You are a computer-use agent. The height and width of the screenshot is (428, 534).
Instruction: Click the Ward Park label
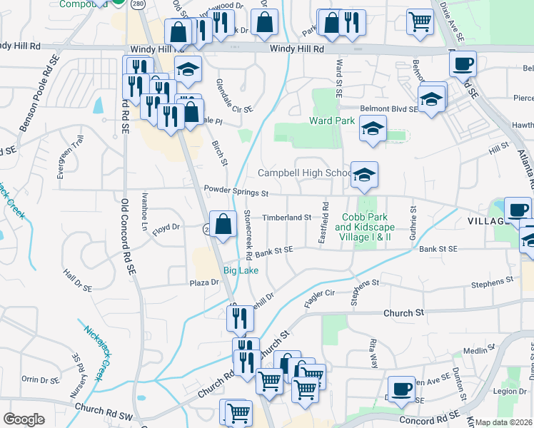(332, 121)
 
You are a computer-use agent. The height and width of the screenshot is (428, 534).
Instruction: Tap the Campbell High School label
(304, 173)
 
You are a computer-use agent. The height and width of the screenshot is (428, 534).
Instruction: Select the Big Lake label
(241, 270)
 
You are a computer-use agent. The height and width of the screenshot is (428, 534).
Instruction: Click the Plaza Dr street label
(203, 282)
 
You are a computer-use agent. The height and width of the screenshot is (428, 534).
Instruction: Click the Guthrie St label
(413, 221)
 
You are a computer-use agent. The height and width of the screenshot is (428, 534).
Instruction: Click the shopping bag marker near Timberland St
(223, 224)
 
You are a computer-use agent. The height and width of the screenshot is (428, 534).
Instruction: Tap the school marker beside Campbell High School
(364, 175)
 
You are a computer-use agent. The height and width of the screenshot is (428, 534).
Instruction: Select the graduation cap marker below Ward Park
(372, 130)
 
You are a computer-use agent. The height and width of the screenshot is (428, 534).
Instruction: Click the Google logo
(24, 419)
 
